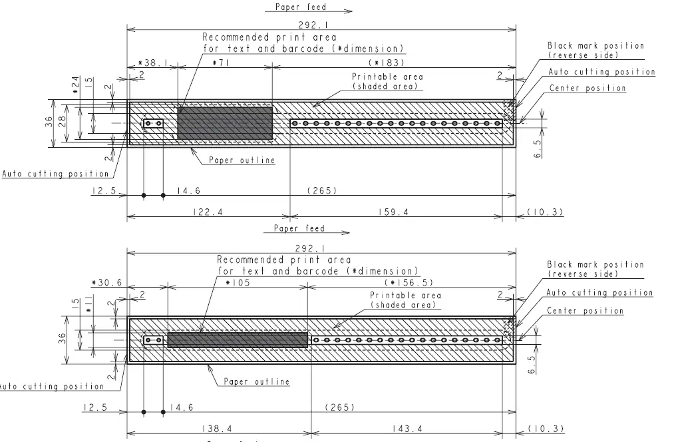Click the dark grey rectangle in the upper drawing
pyautogui.click(x=225, y=122)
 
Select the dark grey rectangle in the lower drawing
pyautogui.click(x=238, y=339)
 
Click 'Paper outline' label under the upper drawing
pyautogui.click(x=242, y=160)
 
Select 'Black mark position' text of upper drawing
pyautogui.click(x=595, y=46)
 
